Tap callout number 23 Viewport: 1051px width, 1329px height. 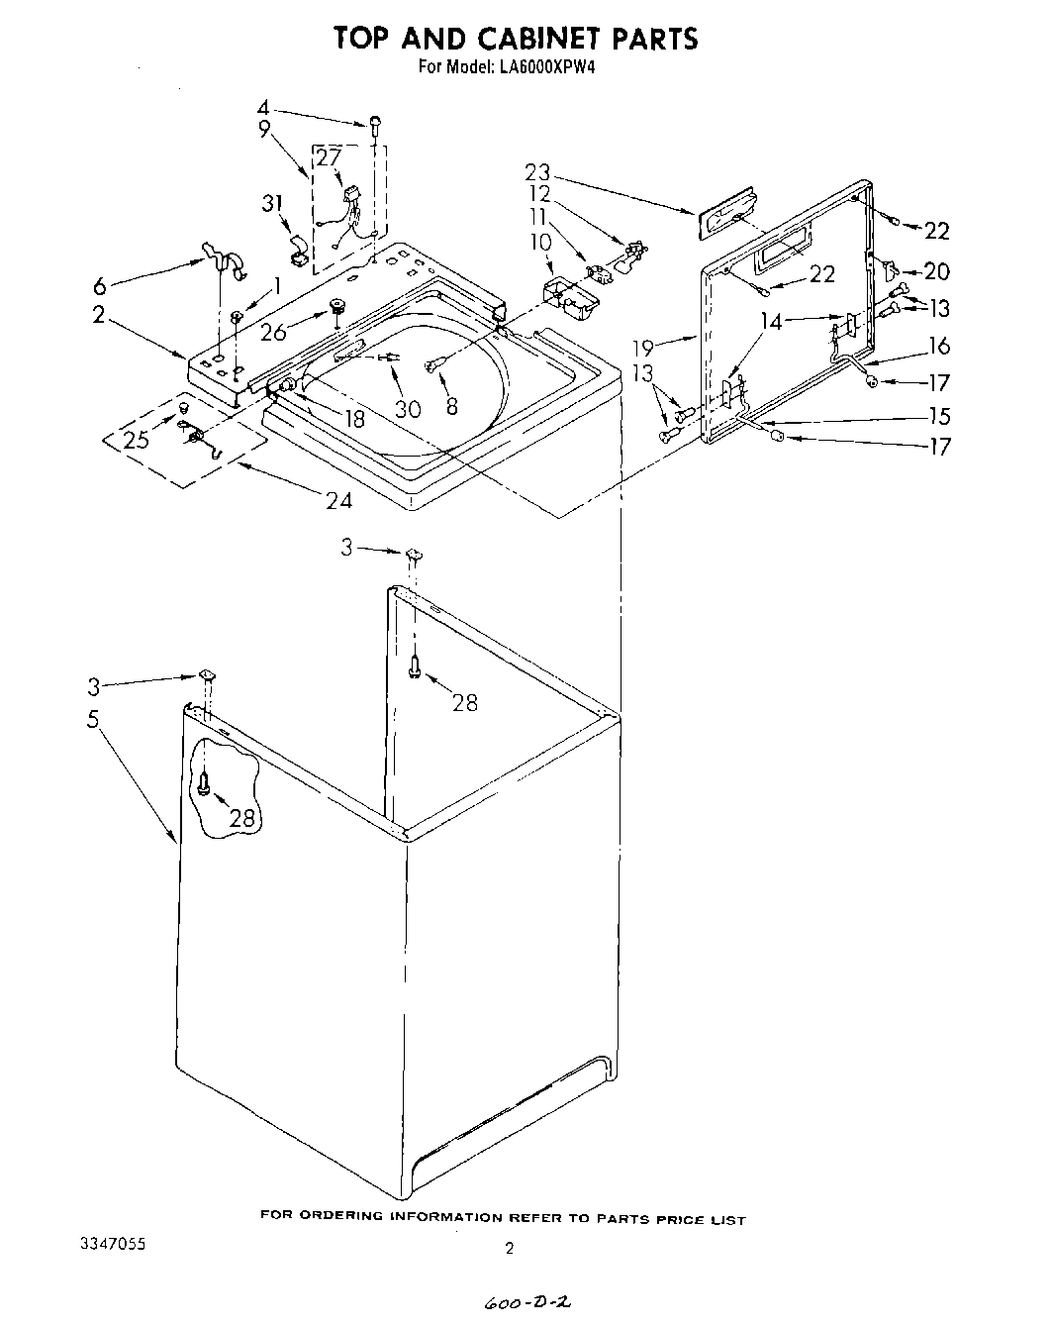[538, 172]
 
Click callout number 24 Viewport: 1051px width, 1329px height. [338, 500]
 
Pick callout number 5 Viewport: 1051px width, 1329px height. [93, 719]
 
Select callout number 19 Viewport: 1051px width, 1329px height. [644, 348]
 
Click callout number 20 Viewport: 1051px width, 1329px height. [936, 271]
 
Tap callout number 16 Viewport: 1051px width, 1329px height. [939, 345]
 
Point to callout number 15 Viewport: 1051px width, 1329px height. [938, 416]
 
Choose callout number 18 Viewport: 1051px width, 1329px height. [352, 419]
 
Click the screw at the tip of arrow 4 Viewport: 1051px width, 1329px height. [375, 123]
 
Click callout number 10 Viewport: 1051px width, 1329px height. [540, 241]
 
